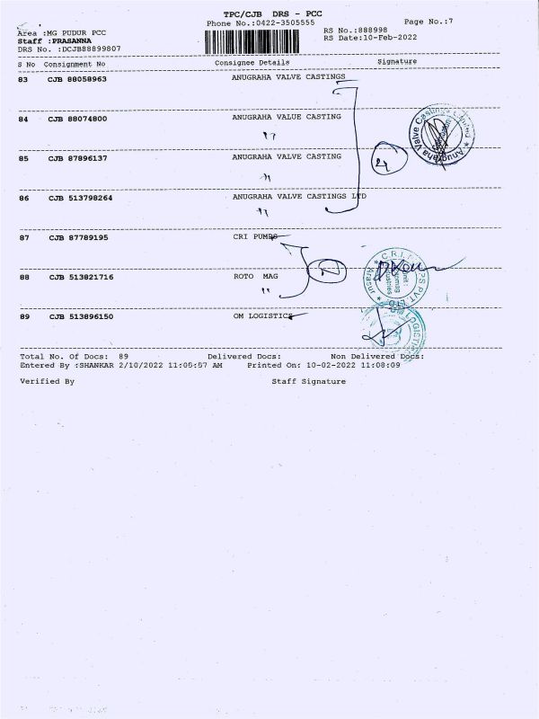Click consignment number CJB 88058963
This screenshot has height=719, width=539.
click(x=77, y=79)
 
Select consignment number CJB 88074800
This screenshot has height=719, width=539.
click(x=77, y=118)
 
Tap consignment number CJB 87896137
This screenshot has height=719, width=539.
click(x=77, y=157)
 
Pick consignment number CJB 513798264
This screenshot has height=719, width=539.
click(x=80, y=197)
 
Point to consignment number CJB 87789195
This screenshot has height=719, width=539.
click(x=77, y=238)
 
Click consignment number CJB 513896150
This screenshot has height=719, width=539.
click(x=80, y=316)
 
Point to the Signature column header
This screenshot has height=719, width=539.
click(x=396, y=62)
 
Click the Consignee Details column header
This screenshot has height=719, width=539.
click(x=252, y=63)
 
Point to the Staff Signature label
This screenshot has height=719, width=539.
click(x=308, y=381)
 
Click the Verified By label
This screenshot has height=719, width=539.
click(x=47, y=381)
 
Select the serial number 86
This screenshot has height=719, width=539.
click(x=24, y=197)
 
